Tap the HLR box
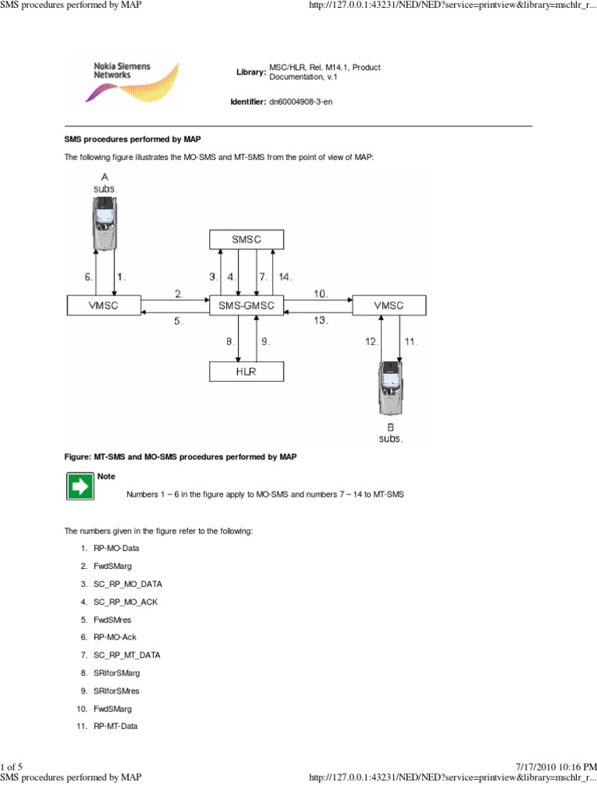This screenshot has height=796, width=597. pos(246,372)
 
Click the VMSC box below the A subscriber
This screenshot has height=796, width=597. pos(103,305)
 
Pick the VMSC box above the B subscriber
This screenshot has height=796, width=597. pos(389,305)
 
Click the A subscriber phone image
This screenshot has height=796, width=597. pos(104,223)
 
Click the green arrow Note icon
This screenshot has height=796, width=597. pos(79,487)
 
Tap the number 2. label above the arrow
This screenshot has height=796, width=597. pos(179,294)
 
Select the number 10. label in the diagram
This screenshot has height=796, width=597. pos(320,294)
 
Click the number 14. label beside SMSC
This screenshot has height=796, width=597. pos(285,276)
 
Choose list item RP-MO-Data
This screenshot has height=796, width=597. pos(116,548)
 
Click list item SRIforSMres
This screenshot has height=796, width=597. pos(118,690)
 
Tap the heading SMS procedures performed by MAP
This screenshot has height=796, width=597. pos(132,139)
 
